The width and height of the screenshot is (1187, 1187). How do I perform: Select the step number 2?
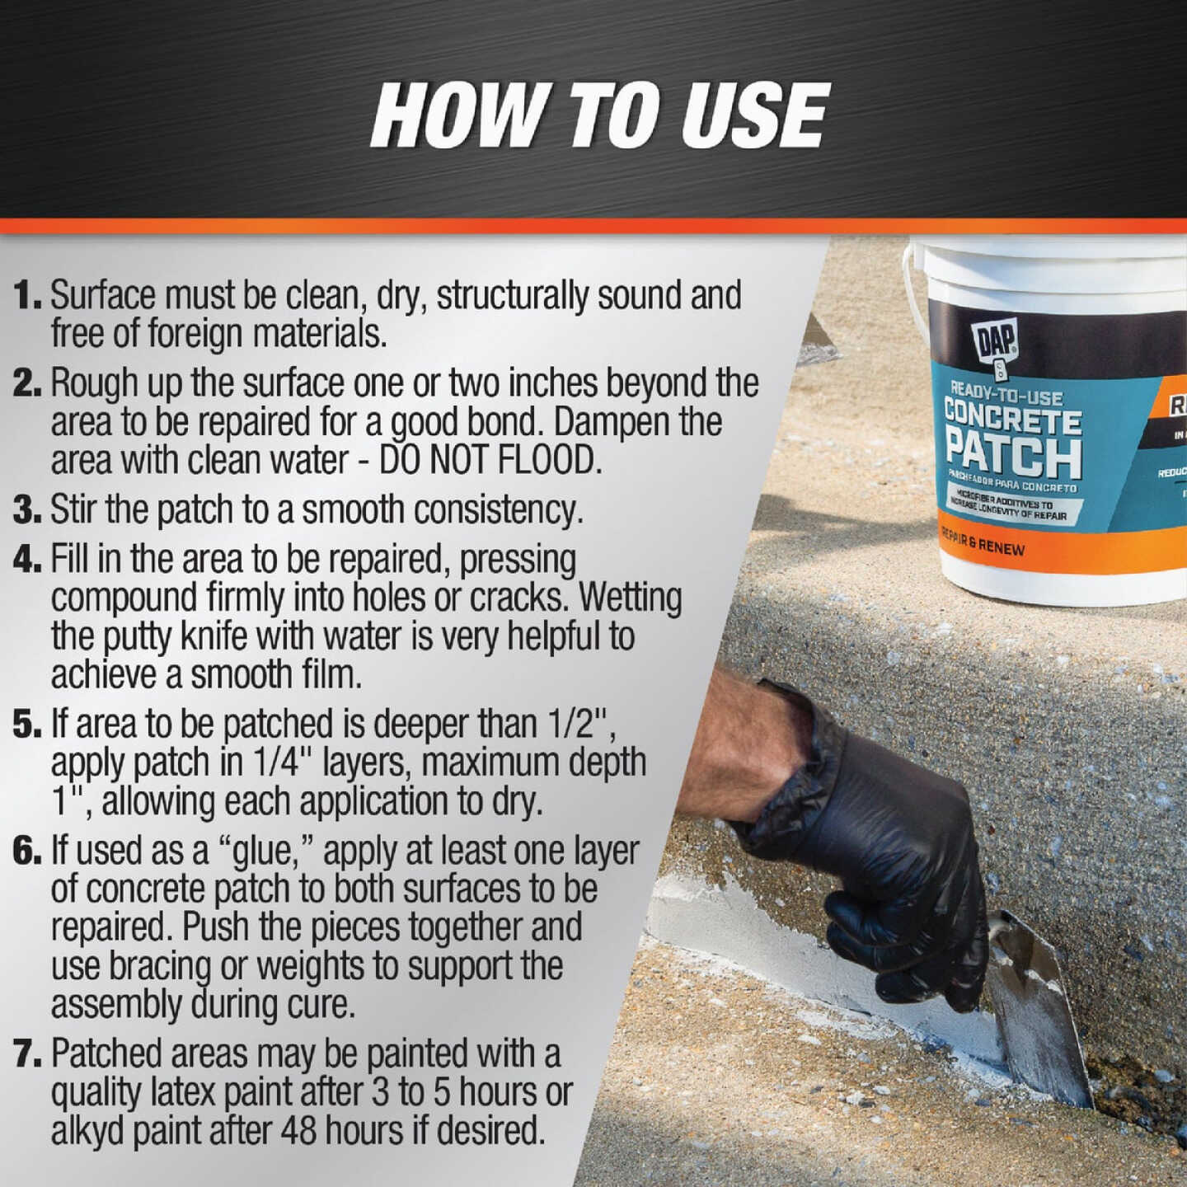click(27, 384)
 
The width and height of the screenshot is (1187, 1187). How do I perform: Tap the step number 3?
click(27, 511)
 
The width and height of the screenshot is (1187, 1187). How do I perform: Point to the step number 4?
click(27, 561)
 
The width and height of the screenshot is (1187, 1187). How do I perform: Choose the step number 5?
click(27, 725)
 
